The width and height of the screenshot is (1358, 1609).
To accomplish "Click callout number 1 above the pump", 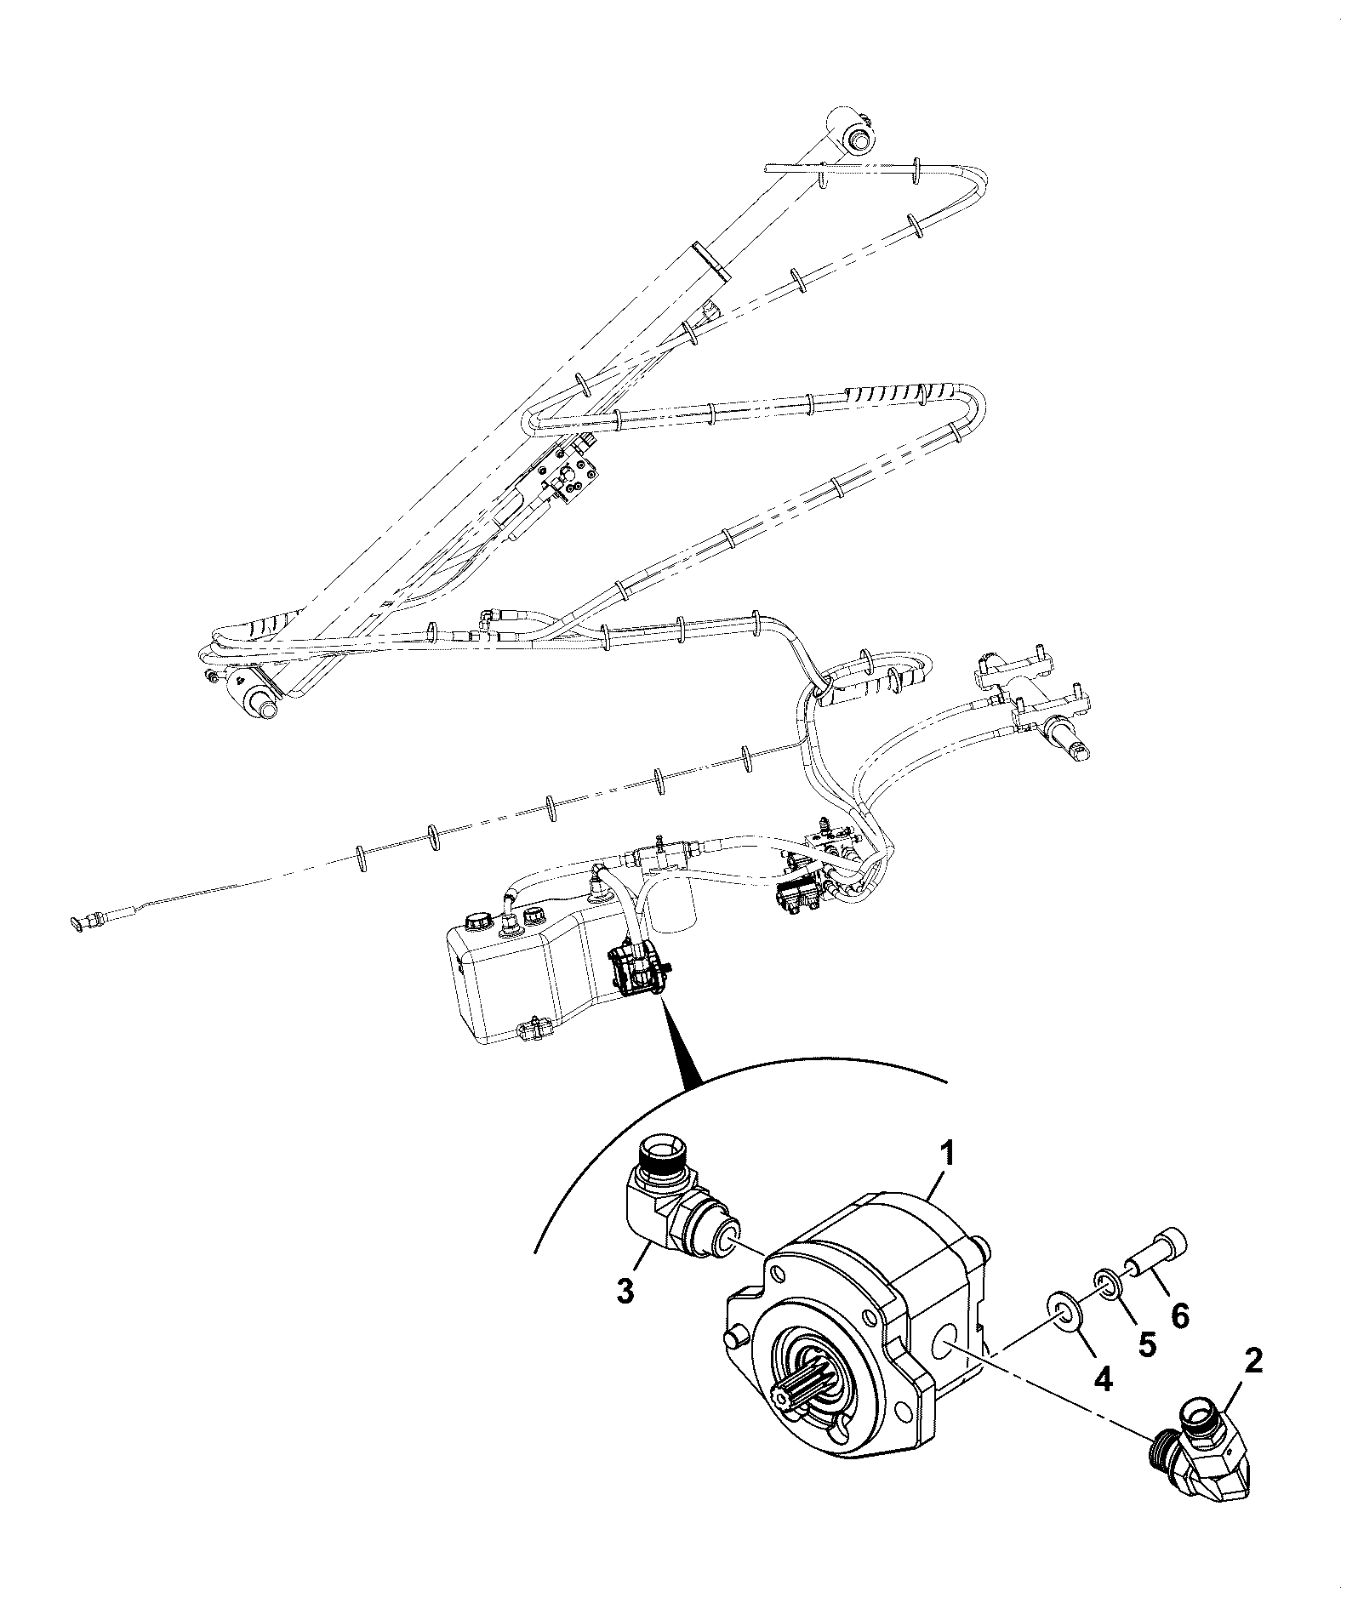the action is point(948,1157).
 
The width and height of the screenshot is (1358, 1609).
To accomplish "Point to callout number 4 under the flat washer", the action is point(1104,1378).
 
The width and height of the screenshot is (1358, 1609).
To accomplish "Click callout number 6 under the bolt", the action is point(1180,1315).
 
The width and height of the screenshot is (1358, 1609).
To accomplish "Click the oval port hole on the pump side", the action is point(944,1348).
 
